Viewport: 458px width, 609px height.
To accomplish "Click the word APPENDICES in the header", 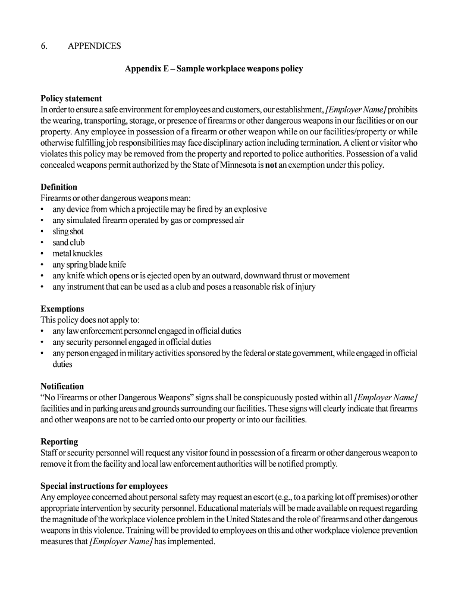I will pyautogui.click(x=94, y=46).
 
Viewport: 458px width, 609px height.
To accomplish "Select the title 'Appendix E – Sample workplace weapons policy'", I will pyautogui.click(x=214, y=69).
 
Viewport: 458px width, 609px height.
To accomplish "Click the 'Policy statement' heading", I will pyautogui.click(x=71, y=99).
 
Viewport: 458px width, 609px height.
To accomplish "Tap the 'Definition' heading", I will pyautogui.click(x=59, y=187).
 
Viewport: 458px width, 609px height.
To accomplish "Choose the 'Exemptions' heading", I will pyautogui.click(x=62, y=309).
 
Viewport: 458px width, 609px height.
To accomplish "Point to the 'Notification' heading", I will pyautogui.click(x=62, y=386).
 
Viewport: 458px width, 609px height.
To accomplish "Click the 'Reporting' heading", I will pyautogui.click(x=59, y=441).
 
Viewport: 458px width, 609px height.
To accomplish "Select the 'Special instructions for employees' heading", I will pyautogui.click(x=104, y=486).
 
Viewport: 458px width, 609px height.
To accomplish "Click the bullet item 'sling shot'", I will pyautogui.click(x=68, y=231).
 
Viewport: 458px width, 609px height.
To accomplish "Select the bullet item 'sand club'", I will pyautogui.click(x=68, y=243).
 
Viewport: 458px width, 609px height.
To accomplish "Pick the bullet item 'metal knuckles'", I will pyautogui.click(x=77, y=253).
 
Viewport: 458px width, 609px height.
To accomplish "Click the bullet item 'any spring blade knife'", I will pyautogui.click(x=89, y=265).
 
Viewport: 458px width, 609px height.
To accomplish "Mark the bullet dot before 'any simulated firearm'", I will pyautogui.click(x=42, y=221).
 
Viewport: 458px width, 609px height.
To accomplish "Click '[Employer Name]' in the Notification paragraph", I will pyautogui.click(x=385, y=397).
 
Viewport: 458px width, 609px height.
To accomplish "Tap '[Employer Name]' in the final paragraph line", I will pyautogui.click(x=121, y=542).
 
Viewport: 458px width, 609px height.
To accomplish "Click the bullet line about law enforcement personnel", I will pyautogui.click(x=146, y=331).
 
